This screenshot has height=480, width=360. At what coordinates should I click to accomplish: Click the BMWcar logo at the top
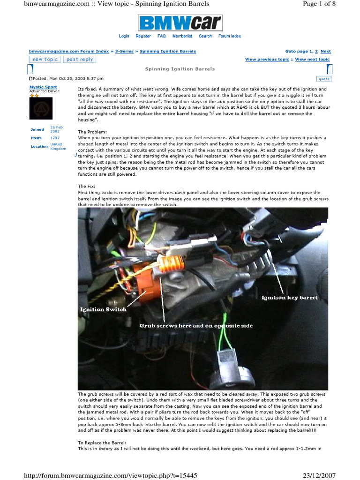180,23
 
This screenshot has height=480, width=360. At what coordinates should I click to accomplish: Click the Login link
124,36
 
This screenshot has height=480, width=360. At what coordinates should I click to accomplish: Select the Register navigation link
143,36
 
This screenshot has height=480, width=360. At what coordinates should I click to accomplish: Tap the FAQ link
161,36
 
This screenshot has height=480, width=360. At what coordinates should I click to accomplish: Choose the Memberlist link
182,36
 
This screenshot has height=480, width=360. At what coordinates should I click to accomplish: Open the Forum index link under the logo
230,36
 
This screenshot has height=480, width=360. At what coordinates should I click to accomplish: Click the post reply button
80,60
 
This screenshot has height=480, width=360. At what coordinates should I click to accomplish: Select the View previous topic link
267,60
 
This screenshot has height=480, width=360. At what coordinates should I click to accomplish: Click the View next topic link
312,60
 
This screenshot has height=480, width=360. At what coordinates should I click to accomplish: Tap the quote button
323,78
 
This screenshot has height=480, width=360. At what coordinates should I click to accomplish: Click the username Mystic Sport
43,87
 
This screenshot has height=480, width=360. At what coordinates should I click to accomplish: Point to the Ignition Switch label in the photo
103,309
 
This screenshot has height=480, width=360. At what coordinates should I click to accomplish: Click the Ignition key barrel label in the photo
289,298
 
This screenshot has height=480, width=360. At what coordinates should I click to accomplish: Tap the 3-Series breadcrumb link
124,51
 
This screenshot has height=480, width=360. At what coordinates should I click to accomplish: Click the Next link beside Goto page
326,51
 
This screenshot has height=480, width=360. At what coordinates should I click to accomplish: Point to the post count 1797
55,138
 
